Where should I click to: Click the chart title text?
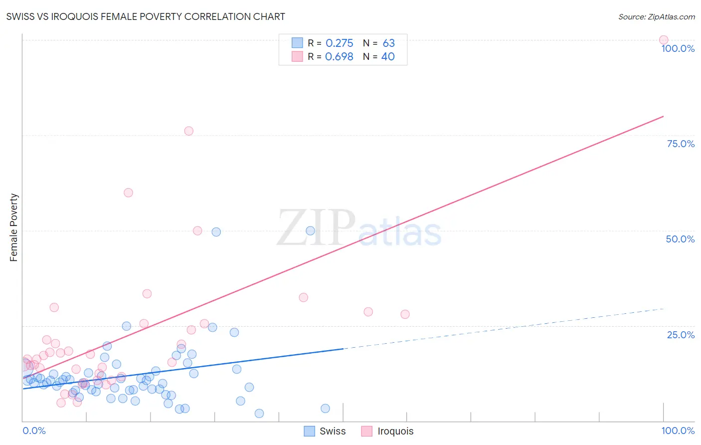(146, 16)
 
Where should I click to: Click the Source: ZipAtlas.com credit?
(656, 16)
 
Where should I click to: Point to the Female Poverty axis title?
(13, 227)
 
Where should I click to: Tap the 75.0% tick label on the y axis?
(681, 144)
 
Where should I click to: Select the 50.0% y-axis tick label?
(680, 239)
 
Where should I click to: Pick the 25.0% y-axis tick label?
(681, 335)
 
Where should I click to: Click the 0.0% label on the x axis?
(34, 431)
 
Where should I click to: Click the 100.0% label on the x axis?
(678, 431)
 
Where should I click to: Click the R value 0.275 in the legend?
(339, 43)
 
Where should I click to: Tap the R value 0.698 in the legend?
(339, 57)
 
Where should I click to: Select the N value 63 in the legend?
(388, 43)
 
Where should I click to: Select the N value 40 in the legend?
(388, 57)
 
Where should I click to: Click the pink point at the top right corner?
(663, 40)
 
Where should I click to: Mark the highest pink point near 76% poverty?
(188, 131)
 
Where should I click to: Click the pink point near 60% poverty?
(128, 193)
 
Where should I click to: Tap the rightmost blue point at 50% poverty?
(310, 230)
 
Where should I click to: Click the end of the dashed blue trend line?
(663, 309)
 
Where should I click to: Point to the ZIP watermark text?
(316, 228)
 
